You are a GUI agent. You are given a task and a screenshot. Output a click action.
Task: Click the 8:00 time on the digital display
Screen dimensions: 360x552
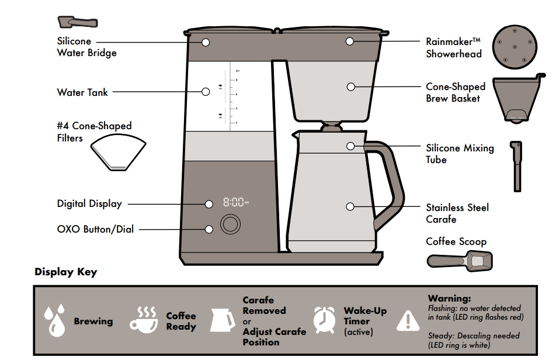(234, 203)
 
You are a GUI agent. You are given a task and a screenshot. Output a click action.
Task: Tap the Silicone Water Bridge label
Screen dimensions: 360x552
(86, 47)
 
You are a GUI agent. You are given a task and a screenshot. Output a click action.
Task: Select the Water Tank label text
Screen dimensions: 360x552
(82, 92)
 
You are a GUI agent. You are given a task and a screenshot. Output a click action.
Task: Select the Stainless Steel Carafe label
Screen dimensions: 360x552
(457, 213)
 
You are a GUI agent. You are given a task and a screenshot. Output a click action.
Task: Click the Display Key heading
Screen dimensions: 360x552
(66, 272)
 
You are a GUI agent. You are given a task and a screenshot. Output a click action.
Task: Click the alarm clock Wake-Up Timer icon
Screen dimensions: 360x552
(324, 320)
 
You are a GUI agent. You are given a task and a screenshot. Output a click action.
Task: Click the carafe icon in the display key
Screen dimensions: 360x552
(224, 320)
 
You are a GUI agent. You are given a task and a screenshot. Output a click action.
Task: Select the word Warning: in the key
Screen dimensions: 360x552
(449, 299)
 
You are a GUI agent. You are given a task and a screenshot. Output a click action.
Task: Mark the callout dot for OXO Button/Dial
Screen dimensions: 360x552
(209, 229)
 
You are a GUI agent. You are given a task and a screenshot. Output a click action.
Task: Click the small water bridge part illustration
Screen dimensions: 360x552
(77, 22)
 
